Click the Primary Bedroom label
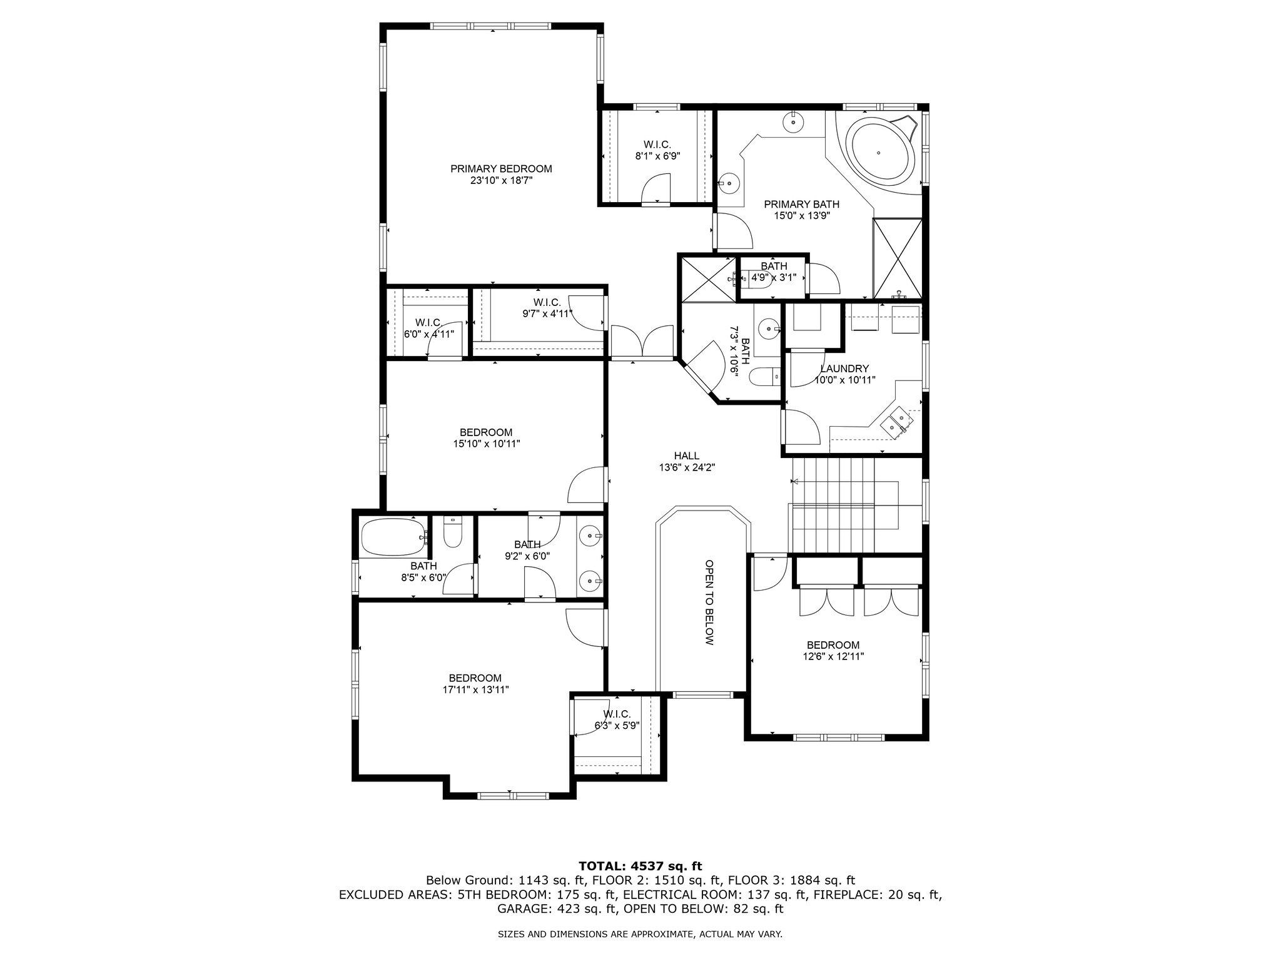coord(501,169)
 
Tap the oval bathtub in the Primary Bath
coord(878,153)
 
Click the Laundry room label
coord(844,369)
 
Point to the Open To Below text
coord(709,603)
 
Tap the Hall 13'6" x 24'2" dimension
coord(687,467)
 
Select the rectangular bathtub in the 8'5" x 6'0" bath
coord(393,537)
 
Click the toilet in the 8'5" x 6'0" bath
coord(452,533)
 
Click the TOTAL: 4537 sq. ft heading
coord(640,866)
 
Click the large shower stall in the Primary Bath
coord(898,258)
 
